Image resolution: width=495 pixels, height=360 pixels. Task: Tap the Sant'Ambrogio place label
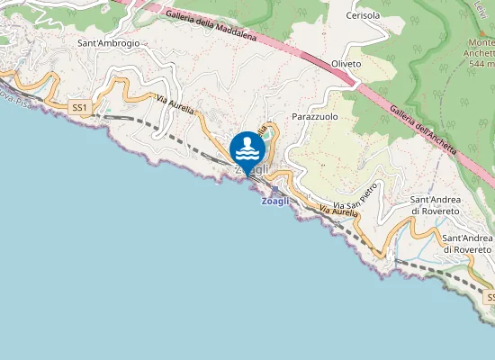click(x=108, y=43)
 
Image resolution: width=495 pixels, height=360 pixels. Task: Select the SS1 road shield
click(x=81, y=107)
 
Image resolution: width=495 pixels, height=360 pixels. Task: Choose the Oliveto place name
click(x=346, y=64)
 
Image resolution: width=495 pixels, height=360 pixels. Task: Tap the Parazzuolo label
click(x=314, y=117)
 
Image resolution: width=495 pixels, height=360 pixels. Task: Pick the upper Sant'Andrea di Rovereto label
click(x=435, y=204)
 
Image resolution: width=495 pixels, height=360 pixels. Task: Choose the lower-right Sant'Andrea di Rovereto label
click(x=467, y=243)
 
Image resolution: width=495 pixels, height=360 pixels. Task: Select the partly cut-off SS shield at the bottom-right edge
click(x=489, y=296)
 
